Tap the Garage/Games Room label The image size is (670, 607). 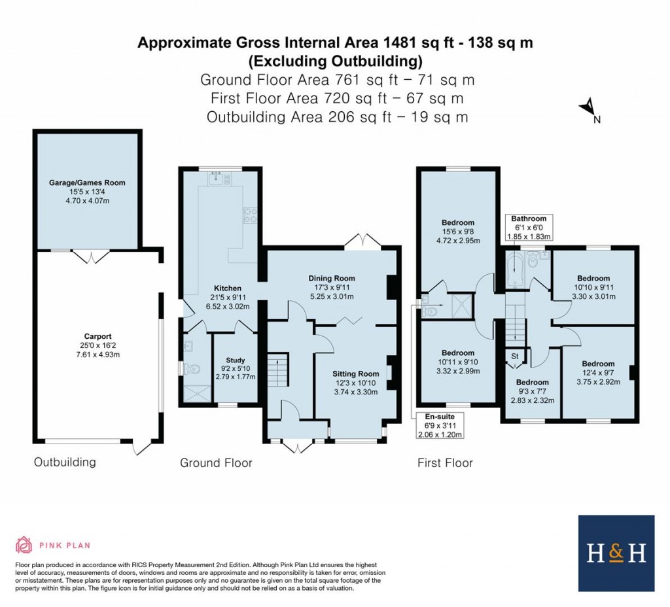[x=87, y=182]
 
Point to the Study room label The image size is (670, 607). [x=235, y=360]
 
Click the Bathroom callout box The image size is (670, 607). [x=529, y=227]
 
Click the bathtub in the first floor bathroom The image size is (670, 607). [x=515, y=271]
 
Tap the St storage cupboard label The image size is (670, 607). [x=515, y=356]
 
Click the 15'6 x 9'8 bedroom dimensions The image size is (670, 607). [x=457, y=232]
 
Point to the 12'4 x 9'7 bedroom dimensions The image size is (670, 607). [x=598, y=373]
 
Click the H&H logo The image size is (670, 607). [x=616, y=553]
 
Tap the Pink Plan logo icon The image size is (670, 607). [x=24, y=544]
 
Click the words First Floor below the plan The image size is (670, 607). [x=445, y=463]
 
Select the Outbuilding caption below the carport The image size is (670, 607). [x=65, y=462]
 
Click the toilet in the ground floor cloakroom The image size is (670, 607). [x=190, y=369]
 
